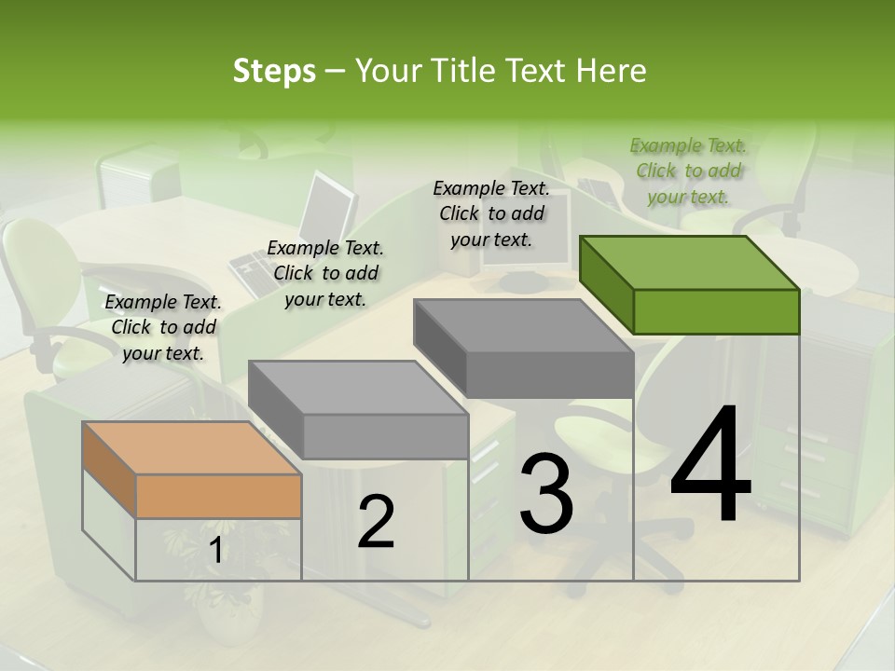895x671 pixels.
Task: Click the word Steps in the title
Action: pos(274,71)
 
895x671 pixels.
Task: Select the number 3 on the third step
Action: pos(546,494)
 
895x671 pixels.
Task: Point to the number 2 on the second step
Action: pos(376,522)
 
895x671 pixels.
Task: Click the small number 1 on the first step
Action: pos(216,551)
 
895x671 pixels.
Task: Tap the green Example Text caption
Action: pos(688,171)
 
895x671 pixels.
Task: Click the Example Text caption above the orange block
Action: pos(163,327)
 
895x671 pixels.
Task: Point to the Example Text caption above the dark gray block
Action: pos(491,213)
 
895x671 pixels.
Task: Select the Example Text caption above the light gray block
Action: pos(325,273)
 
